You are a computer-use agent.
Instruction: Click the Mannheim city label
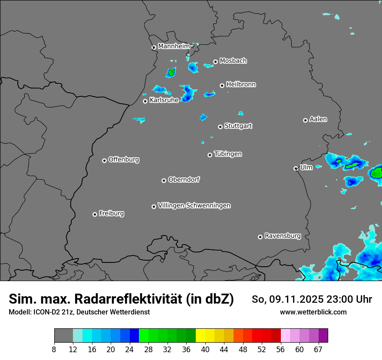click(174, 46)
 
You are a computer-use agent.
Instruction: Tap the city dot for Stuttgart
click(221, 127)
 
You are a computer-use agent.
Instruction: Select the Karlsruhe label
click(164, 100)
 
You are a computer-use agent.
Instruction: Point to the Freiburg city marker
click(95, 214)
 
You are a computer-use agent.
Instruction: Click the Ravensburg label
click(283, 236)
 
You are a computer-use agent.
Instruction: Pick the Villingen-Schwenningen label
click(194, 206)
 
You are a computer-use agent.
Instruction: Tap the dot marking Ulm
click(296, 168)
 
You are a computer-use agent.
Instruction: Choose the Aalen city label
click(318, 119)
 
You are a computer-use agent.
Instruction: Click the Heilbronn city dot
click(222, 85)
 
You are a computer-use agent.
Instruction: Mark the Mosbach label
click(233, 61)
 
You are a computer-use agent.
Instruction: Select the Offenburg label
click(124, 160)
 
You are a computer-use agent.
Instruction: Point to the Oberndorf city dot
click(164, 180)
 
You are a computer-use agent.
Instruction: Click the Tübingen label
click(228, 154)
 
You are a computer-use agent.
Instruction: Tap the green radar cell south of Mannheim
click(171, 72)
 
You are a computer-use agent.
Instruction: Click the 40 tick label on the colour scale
click(205, 350)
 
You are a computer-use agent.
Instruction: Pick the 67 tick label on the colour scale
click(318, 350)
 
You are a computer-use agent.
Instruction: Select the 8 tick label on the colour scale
click(54, 350)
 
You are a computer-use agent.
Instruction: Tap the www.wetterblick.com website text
click(313, 312)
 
